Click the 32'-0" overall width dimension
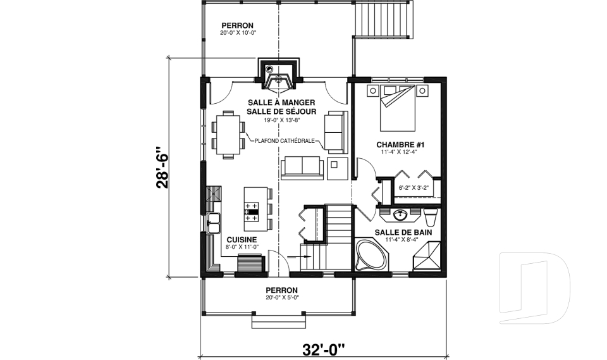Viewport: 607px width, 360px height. pyautogui.click(x=324, y=348)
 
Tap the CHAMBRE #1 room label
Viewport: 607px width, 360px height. pyautogui.click(x=400, y=146)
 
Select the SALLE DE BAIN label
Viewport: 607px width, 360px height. pyautogui.click(x=400, y=232)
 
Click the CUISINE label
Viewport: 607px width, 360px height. pyautogui.click(x=242, y=239)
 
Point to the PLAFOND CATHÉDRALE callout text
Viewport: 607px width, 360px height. pyautogui.click(x=285, y=141)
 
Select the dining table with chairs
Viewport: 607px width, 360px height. pyautogui.click(x=228, y=133)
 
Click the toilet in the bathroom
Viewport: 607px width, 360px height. pyautogui.click(x=431, y=218)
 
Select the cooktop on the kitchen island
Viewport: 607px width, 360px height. pyautogui.click(x=251, y=212)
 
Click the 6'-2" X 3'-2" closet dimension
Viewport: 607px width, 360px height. pyautogui.click(x=414, y=188)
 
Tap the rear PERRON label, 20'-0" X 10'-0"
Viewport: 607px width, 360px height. pyautogui.click(x=237, y=29)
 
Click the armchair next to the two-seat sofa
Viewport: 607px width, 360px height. pyautogui.click(x=335, y=168)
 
